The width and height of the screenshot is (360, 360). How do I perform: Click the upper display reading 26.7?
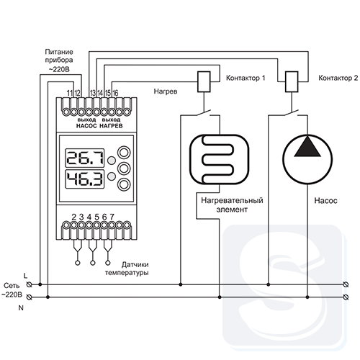(x=85, y=158)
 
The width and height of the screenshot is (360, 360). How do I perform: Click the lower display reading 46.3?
(x=85, y=179)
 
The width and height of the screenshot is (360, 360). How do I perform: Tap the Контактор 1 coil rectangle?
(x=204, y=81)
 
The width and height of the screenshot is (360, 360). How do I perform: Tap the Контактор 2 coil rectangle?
(x=292, y=81)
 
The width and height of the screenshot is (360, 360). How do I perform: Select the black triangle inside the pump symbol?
(x=307, y=148)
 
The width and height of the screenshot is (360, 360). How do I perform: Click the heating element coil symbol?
(x=220, y=159)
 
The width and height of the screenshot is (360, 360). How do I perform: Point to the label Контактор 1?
(x=246, y=78)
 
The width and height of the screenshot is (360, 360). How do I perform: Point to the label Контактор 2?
(x=338, y=78)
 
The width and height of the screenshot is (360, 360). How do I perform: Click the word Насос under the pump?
(x=325, y=201)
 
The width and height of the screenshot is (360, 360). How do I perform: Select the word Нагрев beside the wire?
(x=166, y=91)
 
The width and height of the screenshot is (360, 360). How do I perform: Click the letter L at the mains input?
(x=26, y=276)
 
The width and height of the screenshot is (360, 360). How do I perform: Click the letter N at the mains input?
(x=21, y=308)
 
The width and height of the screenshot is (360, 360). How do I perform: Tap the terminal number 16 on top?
(x=115, y=93)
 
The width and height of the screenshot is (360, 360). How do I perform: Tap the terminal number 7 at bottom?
(x=112, y=217)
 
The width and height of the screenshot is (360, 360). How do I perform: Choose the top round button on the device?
(x=124, y=152)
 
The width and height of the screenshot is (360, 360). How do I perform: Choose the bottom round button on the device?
(x=124, y=184)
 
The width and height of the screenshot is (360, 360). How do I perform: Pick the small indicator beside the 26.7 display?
(x=111, y=161)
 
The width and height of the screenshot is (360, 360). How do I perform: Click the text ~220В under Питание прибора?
(x=59, y=70)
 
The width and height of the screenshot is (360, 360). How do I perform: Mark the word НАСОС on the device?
(x=86, y=126)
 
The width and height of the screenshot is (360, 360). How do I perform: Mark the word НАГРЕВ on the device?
(x=111, y=126)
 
